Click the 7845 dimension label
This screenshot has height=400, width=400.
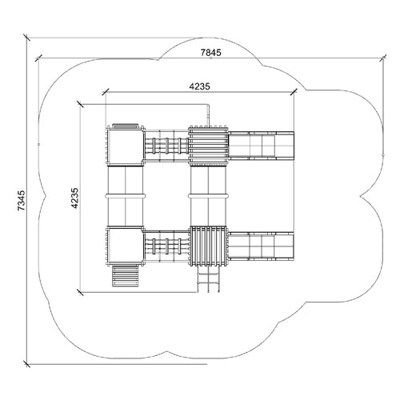pos(210,53)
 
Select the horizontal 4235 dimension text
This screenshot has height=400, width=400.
pos(200,86)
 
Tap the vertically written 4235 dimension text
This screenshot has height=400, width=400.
pos(74,198)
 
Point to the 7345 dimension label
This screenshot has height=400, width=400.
pos(22,200)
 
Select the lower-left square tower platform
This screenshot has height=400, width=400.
pos(125,246)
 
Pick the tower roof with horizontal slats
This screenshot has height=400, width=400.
pos(208,146)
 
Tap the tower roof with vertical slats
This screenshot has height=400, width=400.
pos(208,246)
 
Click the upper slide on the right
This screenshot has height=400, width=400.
pos(262,146)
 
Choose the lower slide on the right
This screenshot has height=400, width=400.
pos(262,246)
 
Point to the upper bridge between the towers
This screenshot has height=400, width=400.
pos(166,146)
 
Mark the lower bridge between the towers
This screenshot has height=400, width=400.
pos(166,246)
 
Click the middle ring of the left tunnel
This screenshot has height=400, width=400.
pos(126,196)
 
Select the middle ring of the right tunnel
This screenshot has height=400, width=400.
pos(208,196)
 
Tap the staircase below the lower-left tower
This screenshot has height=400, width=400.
pos(126,276)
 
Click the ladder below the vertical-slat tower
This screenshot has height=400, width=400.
pos(209,279)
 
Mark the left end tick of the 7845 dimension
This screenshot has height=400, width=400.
pos(39,58)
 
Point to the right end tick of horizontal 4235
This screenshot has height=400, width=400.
pos(294,92)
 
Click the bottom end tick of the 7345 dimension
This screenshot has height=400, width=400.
pos(26,364)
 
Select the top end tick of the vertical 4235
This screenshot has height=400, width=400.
pos(80,104)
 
